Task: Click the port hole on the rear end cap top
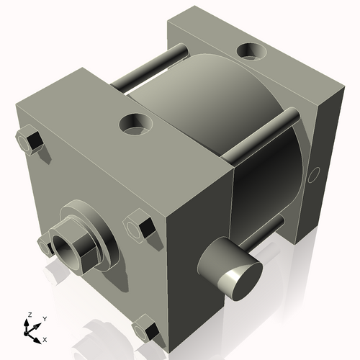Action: pyautogui.click(x=252, y=52)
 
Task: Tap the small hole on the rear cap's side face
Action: pyautogui.click(x=313, y=174)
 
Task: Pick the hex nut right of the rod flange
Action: pyautogui.click(x=139, y=225)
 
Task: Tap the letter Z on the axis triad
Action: pyautogui.click(x=29, y=315)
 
